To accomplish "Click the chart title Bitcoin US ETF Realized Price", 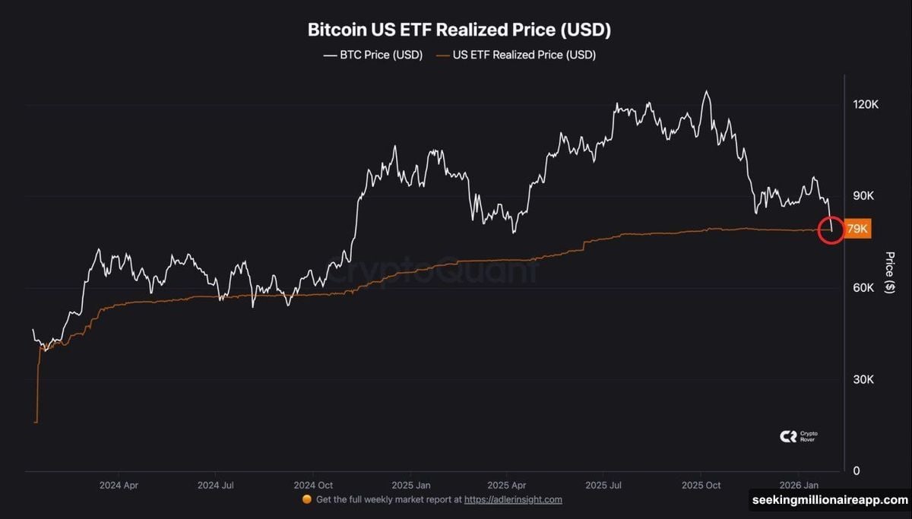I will (459, 30).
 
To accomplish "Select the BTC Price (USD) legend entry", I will (372, 55).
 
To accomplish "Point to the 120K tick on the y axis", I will (866, 105).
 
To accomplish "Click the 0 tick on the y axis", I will (856, 470).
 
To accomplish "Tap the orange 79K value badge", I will (857, 229).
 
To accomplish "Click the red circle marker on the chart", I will (831, 229).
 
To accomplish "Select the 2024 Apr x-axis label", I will (120, 484).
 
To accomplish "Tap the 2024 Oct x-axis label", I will (314, 484).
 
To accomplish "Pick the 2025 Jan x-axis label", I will (412, 484).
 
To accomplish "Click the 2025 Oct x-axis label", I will (701, 484).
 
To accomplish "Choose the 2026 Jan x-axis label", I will (799, 484).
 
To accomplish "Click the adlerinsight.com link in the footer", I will (513, 499).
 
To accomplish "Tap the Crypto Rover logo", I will (799, 436).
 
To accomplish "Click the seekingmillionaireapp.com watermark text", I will (829, 500).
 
